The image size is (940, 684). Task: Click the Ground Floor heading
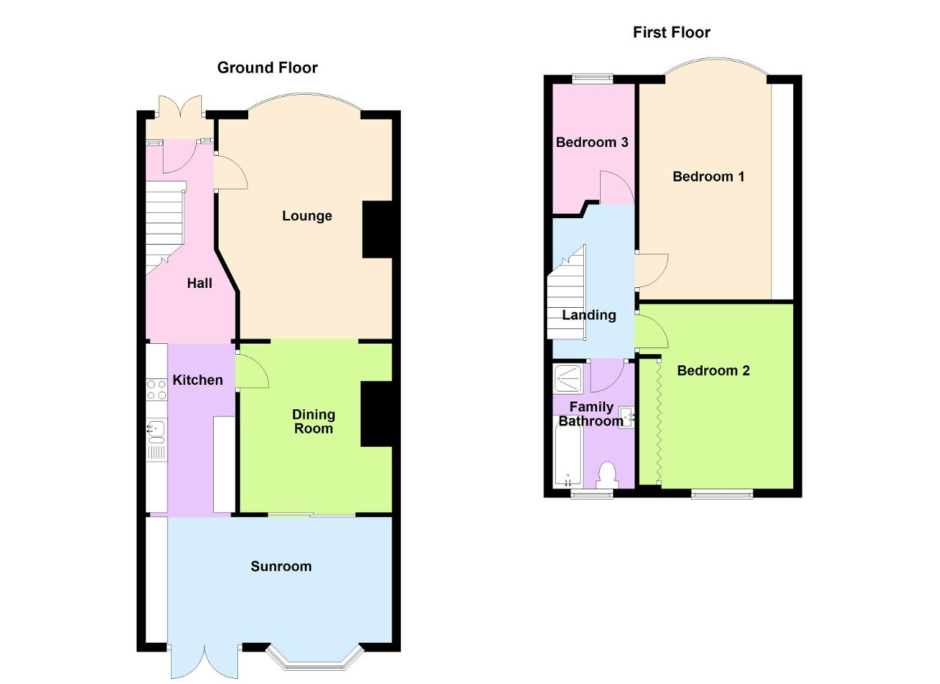tap(267, 68)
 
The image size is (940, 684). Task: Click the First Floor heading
tap(671, 32)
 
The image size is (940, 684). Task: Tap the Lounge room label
tap(307, 216)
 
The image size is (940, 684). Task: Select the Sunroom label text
tap(281, 566)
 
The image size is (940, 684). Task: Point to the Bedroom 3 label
tap(592, 143)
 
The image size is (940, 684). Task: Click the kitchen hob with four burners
tap(156, 389)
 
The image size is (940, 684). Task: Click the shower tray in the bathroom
tap(568, 378)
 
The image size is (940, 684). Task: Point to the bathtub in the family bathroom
tap(568, 455)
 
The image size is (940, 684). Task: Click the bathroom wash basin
tap(628, 417)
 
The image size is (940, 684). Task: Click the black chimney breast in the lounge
tap(377, 229)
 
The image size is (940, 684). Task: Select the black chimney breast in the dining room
tap(377, 414)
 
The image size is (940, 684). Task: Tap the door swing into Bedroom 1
tap(651, 271)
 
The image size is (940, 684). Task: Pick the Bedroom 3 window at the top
tap(593, 78)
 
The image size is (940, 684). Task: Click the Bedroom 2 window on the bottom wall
tap(722, 494)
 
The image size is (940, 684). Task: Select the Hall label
tap(199, 284)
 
